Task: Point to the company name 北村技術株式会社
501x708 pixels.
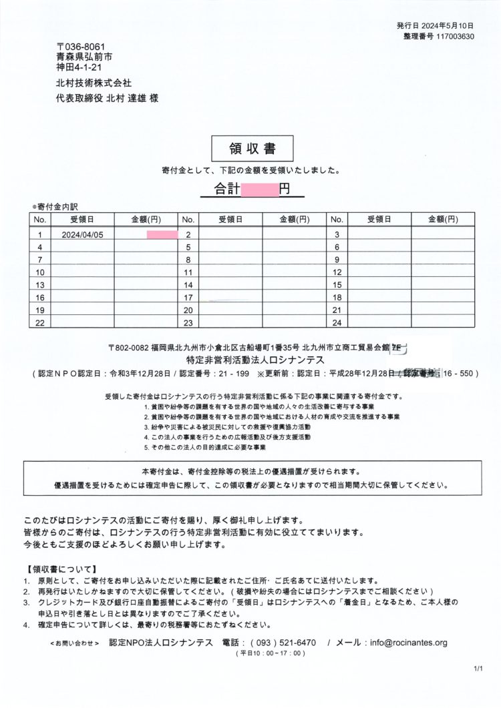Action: (x=94, y=83)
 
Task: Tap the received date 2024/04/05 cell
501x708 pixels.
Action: (x=82, y=234)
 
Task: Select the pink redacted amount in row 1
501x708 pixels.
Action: (x=162, y=234)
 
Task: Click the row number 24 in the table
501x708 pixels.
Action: (x=337, y=323)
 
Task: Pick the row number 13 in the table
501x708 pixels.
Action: (x=39, y=285)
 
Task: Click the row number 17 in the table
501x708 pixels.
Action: (x=188, y=298)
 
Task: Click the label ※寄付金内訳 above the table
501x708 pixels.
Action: (x=59, y=207)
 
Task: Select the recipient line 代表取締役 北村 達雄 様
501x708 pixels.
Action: (x=108, y=99)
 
